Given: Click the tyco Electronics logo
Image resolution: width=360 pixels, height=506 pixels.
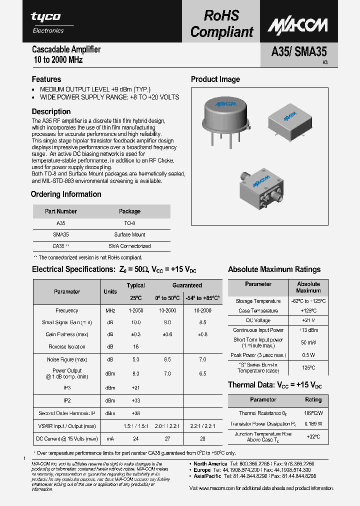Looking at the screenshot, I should [x=47, y=22].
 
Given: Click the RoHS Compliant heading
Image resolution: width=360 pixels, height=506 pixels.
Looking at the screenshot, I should [x=221, y=24].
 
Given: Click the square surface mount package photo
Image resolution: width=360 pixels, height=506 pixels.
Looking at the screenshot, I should [x=288, y=120].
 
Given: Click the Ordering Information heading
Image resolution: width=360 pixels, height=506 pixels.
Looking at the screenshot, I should [x=66, y=194].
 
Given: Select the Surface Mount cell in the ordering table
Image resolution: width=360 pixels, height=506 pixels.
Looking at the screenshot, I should [x=129, y=234].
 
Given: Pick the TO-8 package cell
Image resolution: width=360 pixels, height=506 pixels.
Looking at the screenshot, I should [x=129, y=223].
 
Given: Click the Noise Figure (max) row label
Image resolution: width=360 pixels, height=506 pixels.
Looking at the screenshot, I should [x=66, y=359].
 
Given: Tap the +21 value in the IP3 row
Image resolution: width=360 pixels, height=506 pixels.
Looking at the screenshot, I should [x=135, y=387].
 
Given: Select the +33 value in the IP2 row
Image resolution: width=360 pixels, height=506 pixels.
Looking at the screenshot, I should [x=135, y=400].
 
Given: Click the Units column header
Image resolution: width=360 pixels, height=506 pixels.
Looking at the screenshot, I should [x=110, y=291].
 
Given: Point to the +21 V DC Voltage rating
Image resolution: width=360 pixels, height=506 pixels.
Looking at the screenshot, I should [x=308, y=320].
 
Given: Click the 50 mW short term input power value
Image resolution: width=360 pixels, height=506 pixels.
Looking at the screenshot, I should [x=308, y=343].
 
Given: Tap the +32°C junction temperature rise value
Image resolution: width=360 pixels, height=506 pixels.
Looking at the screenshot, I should [x=313, y=436].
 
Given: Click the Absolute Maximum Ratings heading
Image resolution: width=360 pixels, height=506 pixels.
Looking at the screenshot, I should [x=274, y=269].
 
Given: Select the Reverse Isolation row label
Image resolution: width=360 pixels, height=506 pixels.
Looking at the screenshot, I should [x=66, y=346].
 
